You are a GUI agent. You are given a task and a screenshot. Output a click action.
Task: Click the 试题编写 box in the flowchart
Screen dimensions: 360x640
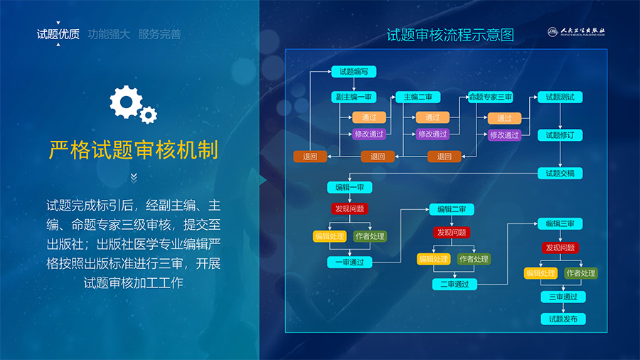point(353,71)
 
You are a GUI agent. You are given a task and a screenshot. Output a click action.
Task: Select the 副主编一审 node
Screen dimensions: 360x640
point(353,97)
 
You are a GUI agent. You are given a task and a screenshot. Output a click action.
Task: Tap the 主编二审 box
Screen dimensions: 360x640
point(417,97)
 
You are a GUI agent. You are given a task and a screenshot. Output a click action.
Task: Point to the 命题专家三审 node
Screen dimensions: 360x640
point(491,97)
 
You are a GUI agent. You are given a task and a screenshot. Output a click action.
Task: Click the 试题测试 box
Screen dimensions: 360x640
point(560,97)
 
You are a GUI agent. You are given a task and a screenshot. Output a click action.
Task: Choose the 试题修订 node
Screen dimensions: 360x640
point(560,135)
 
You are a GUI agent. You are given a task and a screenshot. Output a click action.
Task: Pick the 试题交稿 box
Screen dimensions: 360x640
point(560,173)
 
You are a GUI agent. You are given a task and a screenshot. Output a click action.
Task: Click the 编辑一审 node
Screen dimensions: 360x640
point(350,187)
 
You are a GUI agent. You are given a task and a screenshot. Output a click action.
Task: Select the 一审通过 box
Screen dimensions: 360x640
point(350,262)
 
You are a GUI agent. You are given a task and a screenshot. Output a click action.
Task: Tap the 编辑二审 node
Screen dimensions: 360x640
point(452,209)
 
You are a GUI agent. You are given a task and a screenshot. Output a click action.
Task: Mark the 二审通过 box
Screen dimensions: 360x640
point(454,284)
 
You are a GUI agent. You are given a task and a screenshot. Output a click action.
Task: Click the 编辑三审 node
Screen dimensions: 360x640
point(560,223)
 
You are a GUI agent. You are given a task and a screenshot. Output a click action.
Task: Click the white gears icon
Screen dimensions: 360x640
point(133,105)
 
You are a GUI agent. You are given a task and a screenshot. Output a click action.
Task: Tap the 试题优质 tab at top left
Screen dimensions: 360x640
point(58,33)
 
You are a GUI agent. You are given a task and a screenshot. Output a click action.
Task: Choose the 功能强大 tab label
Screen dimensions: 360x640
point(109,33)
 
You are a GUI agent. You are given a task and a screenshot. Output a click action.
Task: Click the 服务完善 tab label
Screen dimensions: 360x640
point(159,33)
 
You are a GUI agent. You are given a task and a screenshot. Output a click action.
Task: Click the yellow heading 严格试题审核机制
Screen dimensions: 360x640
point(133,150)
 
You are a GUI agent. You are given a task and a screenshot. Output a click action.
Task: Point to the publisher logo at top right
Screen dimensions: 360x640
point(576,32)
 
